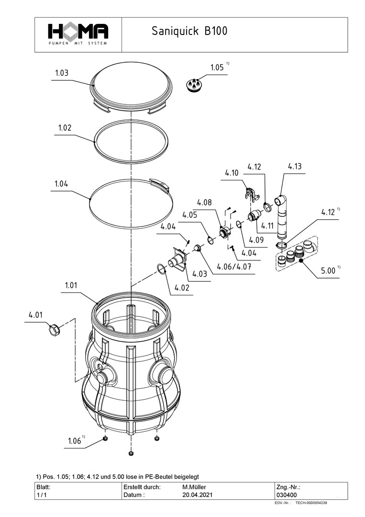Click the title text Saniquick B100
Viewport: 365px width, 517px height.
click(x=189, y=32)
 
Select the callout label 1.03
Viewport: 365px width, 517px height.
click(x=62, y=73)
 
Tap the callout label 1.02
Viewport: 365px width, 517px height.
click(x=65, y=128)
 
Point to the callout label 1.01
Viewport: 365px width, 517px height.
click(x=71, y=285)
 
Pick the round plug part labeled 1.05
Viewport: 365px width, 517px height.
click(x=195, y=86)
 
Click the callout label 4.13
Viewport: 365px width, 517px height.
click(x=295, y=167)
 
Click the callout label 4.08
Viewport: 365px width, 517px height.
click(x=204, y=202)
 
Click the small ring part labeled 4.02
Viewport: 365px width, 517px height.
click(x=161, y=269)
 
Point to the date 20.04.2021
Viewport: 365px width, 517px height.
click(x=197, y=495)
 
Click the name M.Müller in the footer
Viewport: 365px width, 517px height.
click(x=194, y=486)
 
